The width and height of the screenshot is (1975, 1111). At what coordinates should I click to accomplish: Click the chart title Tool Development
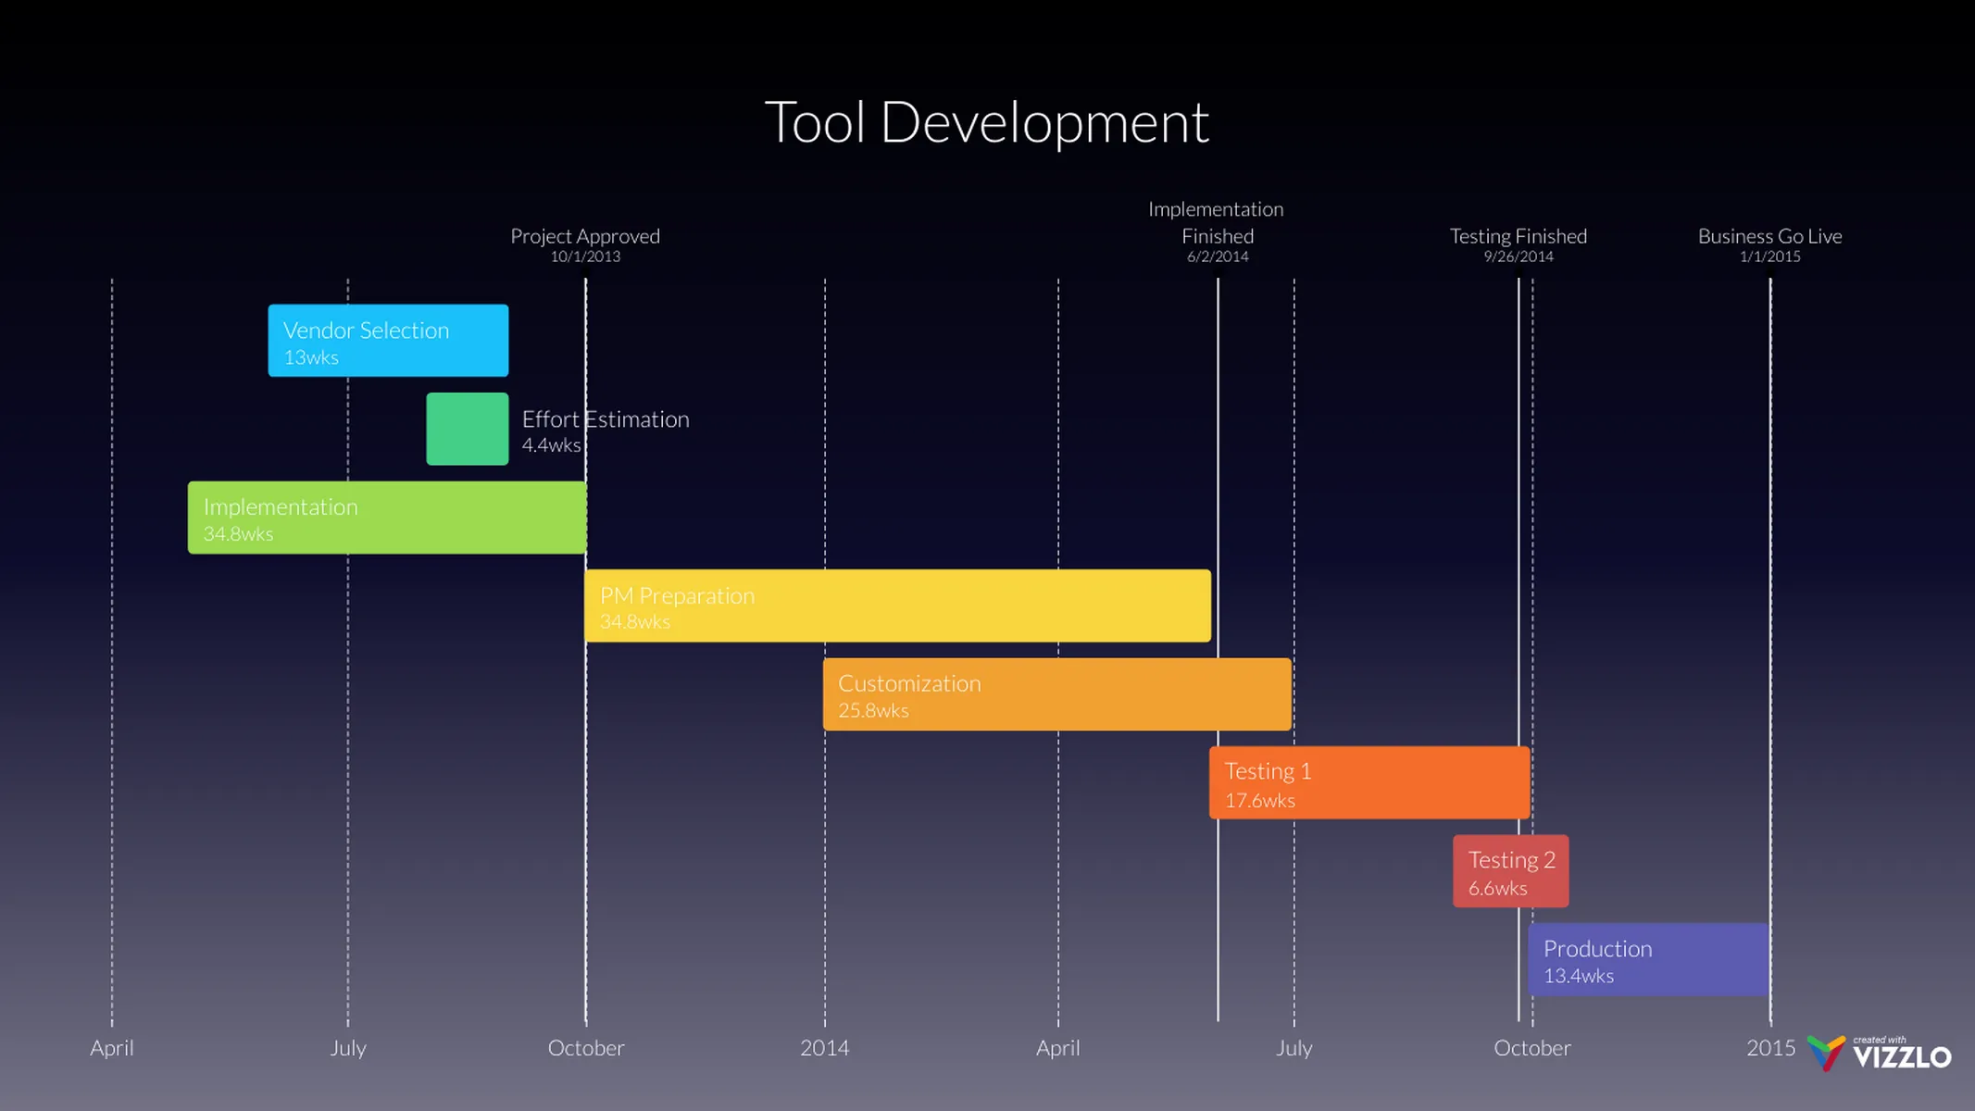986,122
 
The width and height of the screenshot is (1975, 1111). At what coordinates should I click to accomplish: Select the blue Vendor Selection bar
388,341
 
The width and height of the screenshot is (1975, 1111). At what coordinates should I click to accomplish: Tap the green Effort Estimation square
467,429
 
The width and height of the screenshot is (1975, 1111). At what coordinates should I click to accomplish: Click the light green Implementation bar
386,518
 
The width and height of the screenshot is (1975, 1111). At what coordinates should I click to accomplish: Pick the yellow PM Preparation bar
896,605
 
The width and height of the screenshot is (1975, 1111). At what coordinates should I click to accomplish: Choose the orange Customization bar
1056,694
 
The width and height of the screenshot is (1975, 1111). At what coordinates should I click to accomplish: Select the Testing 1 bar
1369,783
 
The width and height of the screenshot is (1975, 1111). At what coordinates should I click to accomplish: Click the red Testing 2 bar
1510,871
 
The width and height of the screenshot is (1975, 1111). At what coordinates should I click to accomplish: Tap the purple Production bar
1648,960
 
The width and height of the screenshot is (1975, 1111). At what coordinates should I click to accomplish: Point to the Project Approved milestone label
585,236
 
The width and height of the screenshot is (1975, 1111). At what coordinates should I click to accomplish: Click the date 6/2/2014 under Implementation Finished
1218,257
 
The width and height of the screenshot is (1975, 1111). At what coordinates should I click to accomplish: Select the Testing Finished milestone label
1518,236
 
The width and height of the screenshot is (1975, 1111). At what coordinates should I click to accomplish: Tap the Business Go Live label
1769,236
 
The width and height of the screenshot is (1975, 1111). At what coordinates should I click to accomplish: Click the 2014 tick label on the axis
824,1048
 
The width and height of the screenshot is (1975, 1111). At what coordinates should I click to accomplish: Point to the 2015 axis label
1770,1048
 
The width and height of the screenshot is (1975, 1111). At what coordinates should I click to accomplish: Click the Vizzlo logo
1880,1054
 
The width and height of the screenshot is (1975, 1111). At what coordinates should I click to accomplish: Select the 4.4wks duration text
551,445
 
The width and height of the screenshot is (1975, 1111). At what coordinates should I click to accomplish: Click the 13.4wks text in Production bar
1578,976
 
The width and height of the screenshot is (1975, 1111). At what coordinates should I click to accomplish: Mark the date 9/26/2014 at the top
1519,257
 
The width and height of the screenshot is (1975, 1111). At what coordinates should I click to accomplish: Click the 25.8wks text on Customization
873,711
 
